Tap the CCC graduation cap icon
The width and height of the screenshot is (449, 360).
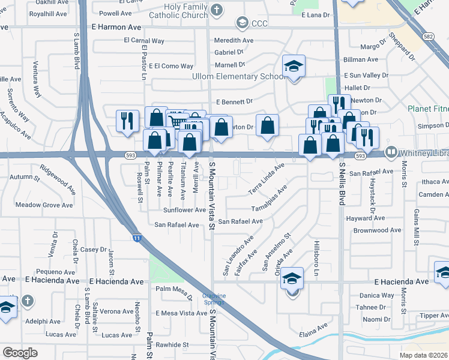point(243,23)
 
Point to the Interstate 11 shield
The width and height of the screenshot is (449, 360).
point(137,238)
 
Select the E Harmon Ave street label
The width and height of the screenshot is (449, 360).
point(117,28)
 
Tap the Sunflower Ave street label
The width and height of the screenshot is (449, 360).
point(184,211)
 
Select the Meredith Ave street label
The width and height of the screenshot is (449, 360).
point(234,41)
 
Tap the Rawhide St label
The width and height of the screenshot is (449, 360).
point(172,345)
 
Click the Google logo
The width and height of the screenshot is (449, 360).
point(20,353)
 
